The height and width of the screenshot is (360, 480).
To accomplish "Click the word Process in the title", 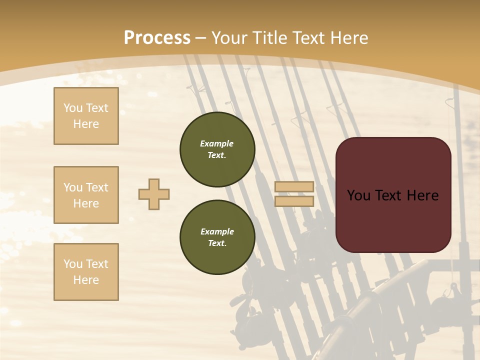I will [x=157, y=38].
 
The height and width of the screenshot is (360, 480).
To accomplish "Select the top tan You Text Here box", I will [x=86, y=116].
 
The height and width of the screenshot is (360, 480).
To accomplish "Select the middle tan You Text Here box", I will [x=86, y=195].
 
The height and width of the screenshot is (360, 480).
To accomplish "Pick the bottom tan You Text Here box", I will [x=86, y=271].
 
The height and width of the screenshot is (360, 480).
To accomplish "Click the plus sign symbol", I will [x=154, y=194].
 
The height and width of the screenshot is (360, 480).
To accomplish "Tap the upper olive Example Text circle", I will [x=217, y=149].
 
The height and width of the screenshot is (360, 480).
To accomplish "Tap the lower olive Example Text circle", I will [x=217, y=237].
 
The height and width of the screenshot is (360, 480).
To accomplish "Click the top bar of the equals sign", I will [x=294, y=187].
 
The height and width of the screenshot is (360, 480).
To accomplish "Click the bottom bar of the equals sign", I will [x=294, y=201].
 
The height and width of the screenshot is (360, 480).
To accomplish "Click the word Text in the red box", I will [x=388, y=195].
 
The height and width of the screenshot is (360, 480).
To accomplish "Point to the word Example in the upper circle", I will [x=217, y=143].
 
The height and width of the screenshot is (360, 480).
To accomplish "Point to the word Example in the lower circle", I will [x=217, y=231].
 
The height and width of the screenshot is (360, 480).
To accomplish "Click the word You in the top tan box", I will [x=73, y=108].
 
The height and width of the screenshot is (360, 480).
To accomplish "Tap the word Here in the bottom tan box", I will [x=86, y=280].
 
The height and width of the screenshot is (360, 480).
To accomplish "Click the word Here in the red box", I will [x=423, y=195].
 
